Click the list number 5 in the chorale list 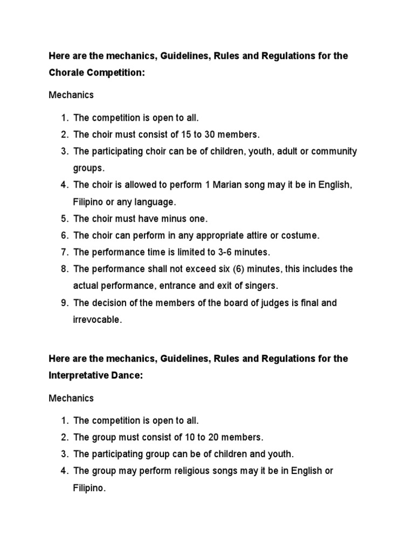(64, 218)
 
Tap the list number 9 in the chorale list (64, 303)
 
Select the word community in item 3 (333, 151)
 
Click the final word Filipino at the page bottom (89, 487)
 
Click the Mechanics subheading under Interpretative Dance (71, 398)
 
